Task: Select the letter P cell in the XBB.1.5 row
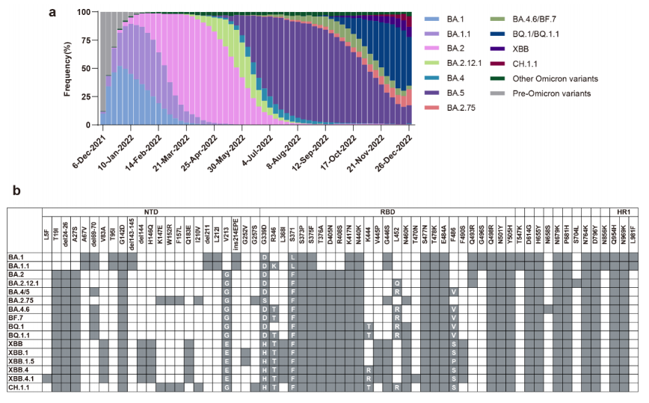453,360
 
